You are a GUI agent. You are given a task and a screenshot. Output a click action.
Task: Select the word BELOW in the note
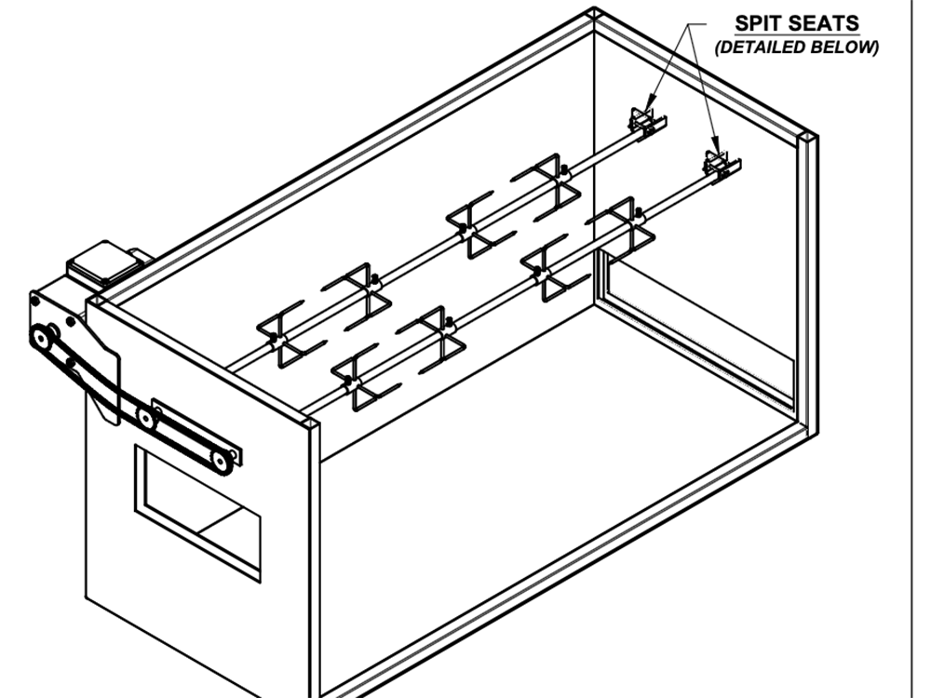(845, 47)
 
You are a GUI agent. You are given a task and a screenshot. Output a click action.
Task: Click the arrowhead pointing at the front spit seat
(718, 148)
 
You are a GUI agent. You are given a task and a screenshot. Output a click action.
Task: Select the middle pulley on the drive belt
(145, 418)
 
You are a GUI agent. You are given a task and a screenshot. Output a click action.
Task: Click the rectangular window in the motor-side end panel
(197, 509)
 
